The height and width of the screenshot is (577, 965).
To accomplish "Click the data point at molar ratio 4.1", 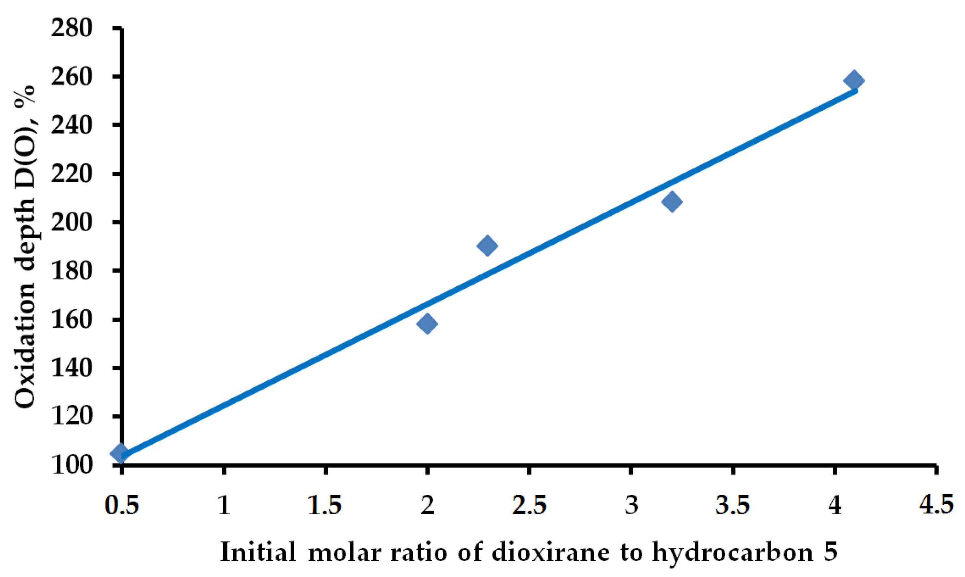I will [x=854, y=80].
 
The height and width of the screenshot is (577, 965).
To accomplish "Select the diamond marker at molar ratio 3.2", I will [x=672, y=202].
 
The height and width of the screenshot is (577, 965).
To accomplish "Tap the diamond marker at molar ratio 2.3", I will [x=487, y=246].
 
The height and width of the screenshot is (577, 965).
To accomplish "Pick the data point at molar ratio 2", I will [x=427, y=324].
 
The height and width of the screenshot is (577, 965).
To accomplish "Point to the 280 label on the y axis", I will [x=72, y=29].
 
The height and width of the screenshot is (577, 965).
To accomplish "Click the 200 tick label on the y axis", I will [x=72, y=222].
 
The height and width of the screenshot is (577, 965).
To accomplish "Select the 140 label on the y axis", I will [x=72, y=368].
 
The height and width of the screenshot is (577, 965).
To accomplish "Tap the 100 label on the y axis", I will [x=72, y=465].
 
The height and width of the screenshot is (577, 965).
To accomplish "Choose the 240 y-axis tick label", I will [x=72, y=125].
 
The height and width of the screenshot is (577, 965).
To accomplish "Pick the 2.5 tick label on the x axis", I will [x=529, y=505].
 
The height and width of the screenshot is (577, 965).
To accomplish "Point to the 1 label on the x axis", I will [x=224, y=505].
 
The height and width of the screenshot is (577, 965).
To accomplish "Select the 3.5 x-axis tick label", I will [x=733, y=505].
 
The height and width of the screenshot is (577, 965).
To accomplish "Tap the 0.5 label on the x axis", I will [x=122, y=505].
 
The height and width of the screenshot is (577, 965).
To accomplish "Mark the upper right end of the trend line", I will [x=856, y=91].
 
